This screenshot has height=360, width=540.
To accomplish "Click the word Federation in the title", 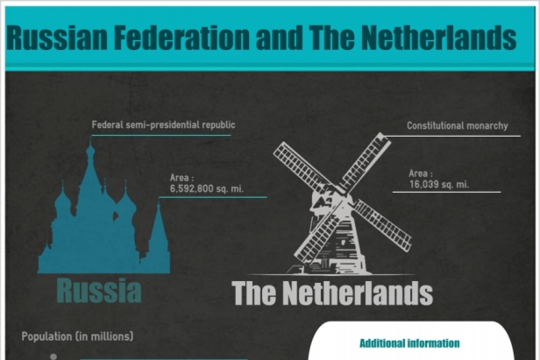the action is click(181, 38).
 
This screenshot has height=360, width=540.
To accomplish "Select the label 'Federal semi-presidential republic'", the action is click(163, 124).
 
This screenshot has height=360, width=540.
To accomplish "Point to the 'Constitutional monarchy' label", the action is click(458, 125).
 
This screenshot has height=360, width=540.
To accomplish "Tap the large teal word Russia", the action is click(99, 291).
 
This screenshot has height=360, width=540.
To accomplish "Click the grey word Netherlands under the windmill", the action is click(358, 293).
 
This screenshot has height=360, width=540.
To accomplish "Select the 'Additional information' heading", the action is click(409, 343).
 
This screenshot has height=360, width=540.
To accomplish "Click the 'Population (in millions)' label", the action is click(77, 336).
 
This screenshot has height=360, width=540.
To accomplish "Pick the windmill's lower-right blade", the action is click(383, 224).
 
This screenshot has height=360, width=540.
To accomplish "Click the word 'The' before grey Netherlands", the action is click(254, 293).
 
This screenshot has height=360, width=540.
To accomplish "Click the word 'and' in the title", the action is click(280, 38).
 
